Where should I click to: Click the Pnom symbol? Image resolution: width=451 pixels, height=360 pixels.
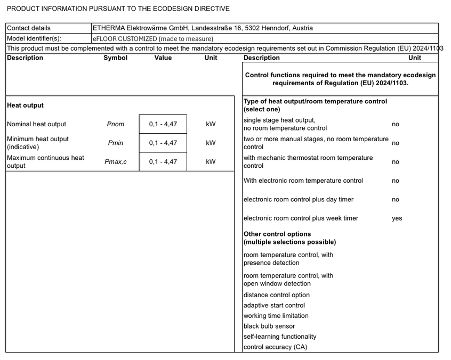[x=115, y=124]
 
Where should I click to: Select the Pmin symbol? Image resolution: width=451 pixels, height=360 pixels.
[x=115, y=143]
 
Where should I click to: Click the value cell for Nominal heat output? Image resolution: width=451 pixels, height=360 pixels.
[x=163, y=124]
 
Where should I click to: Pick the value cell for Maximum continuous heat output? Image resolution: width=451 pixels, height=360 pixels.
[x=163, y=162]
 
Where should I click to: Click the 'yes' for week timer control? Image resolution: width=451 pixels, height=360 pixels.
[x=397, y=218]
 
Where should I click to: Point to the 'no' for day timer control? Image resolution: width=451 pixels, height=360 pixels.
[x=395, y=200]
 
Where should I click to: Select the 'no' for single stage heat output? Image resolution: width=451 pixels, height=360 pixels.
[x=395, y=124]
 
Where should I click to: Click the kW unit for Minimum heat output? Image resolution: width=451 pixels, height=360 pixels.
[x=211, y=143]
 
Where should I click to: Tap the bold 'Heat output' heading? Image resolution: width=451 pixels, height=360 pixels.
[x=26, y=105]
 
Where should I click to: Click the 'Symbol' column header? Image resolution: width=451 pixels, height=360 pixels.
[x=115, y=58]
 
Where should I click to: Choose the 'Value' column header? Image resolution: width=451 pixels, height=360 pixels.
[x=163, y=58]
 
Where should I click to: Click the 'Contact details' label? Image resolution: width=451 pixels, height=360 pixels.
[x=29, y=28]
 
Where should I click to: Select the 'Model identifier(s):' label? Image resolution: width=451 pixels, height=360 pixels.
[x=34, y=38]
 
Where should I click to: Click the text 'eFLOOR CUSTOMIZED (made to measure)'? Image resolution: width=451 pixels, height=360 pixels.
[x=153, y=38]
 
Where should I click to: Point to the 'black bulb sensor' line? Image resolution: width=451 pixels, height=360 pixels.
[x=269, y=326]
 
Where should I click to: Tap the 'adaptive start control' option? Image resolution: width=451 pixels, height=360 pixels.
[x=274, y=306]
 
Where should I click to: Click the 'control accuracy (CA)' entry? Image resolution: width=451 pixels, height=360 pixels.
[x=275, y=347]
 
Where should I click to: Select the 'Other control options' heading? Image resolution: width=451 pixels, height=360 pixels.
[x=277, y=234]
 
